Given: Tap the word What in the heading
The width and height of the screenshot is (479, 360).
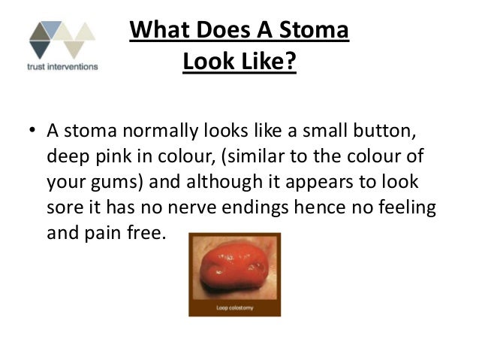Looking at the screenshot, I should point(160,32).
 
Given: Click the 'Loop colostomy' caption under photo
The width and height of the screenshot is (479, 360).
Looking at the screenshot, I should point(233,307).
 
